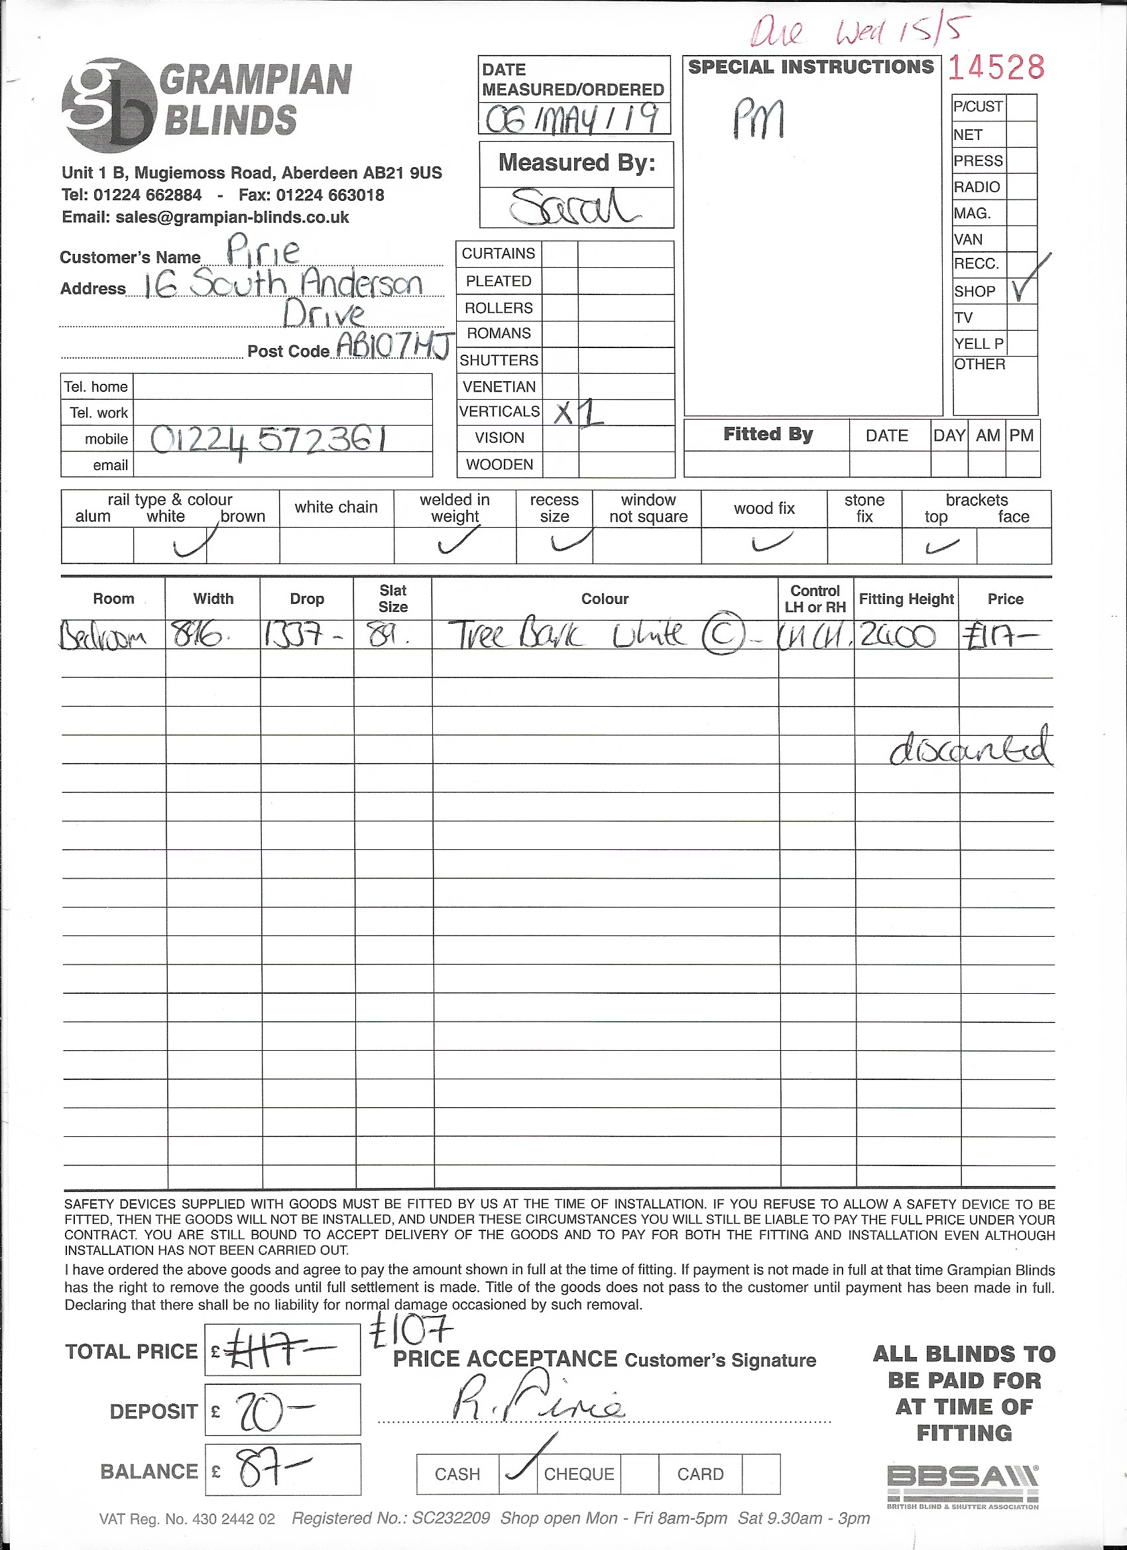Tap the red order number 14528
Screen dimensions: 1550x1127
pyautogui.click(x=996, y=68)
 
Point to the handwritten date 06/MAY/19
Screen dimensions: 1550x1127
pyautogui.click(x=573, y=119)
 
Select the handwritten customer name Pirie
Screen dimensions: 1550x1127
pyautogui.click(x=263, y=250)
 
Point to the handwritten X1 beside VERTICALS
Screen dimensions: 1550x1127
pyautogui.click(x=578, y=412)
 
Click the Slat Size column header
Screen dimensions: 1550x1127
pyautogui.click(x=393, y=598)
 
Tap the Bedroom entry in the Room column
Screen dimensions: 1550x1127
pyautogui.click(x=103, y=638)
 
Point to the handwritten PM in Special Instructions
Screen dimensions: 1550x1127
pyautogui.click(x=758, y=118)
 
